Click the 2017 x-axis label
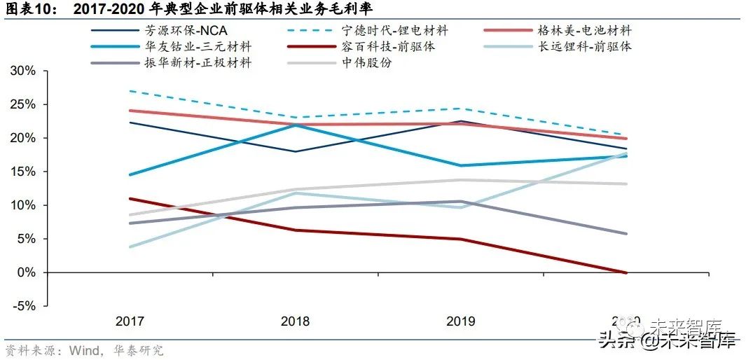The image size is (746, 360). point(130,321)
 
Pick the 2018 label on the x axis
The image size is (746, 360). point(295,321)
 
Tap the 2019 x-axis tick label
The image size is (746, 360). point(460,321)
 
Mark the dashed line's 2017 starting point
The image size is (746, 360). point(130,91)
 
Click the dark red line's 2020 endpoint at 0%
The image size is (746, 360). point(626,272)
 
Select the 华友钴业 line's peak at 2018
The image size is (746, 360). point(295,125)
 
